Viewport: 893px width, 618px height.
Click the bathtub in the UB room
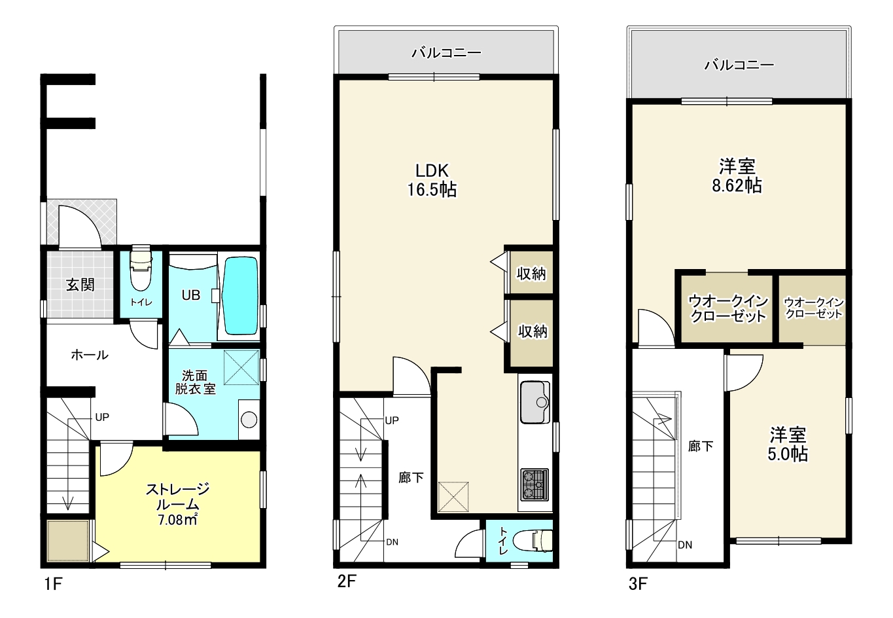click(239, 296)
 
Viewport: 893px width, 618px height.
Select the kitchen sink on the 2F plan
click(535, 402)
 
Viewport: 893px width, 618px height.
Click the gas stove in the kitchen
click(534, 484)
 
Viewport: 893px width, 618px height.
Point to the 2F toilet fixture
click(533, 541)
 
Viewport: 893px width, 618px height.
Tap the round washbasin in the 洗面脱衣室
click(249, 420)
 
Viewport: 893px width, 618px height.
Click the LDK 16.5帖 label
click(432, 180)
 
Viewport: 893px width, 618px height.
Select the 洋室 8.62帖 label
click(737, 176)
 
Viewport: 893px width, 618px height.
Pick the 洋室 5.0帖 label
click(788, 445)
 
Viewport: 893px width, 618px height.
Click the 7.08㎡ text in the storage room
click(178, 520)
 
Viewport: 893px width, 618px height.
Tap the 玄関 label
click(80, 285)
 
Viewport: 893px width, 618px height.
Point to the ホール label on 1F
click(90, 355)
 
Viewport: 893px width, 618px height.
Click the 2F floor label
click(347, 581)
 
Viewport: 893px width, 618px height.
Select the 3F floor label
click(638, 584)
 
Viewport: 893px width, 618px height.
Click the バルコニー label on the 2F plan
click(446, 52)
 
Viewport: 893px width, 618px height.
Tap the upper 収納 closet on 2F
click(531, 273)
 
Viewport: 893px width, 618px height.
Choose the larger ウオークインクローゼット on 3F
click(727, 308)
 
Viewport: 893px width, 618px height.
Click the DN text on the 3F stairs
click(685, 545)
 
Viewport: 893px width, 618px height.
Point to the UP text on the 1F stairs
click(102, 417)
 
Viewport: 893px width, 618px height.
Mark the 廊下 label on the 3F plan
click(701, 446)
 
